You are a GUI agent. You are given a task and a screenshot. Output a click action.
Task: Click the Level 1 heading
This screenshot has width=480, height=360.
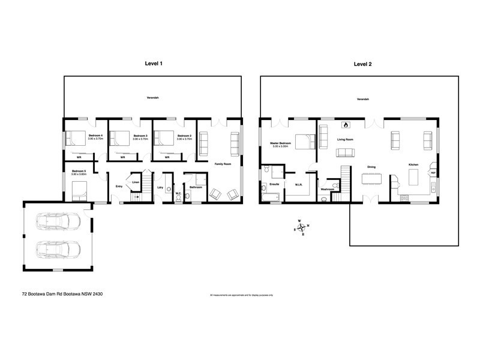click(154, 63)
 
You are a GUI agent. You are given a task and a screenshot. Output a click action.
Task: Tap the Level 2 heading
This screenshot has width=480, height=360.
click(362, 63)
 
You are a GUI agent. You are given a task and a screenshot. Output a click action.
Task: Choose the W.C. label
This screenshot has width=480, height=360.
click(178, 193)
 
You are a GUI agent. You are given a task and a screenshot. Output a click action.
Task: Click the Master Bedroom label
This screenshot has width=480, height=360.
click(281, 143)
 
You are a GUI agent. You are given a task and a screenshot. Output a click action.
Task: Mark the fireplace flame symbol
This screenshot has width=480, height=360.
click(345, 125)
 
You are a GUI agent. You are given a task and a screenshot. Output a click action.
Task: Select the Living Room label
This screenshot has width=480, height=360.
click(345, 139)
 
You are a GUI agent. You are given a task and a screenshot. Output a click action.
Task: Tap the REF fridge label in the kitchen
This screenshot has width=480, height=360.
click(433, 173)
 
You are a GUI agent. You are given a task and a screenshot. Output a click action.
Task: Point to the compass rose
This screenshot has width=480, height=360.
click(302, 227)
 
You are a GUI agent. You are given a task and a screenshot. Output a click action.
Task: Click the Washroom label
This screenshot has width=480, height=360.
click(328, 190)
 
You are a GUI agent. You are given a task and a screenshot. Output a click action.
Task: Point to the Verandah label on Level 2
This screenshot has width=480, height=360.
click(362, 99)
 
